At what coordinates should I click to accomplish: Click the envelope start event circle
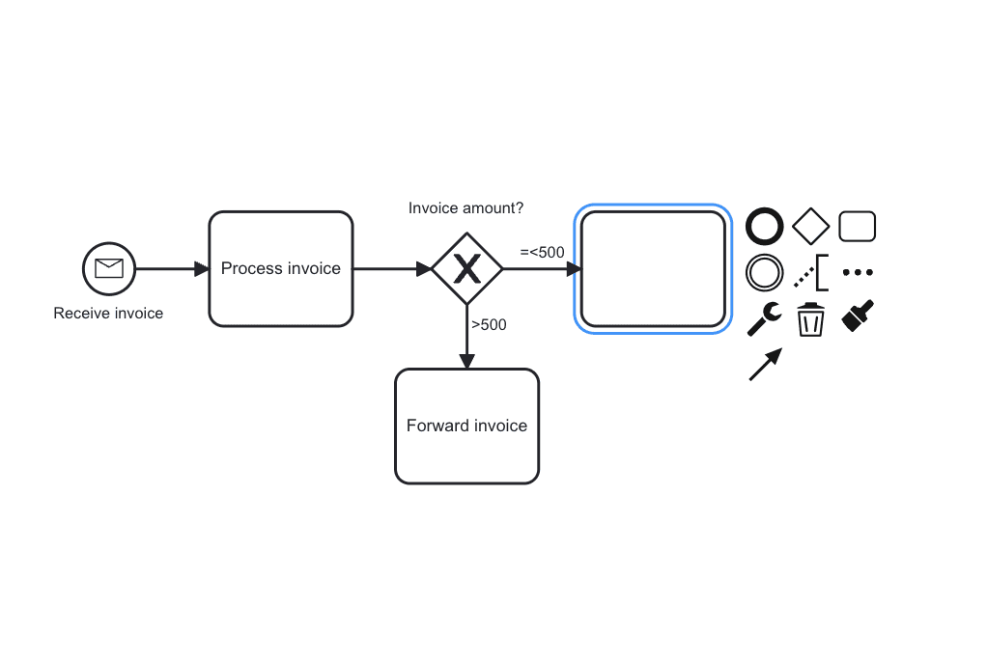click(109, 268)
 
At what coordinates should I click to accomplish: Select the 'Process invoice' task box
click(281, 269)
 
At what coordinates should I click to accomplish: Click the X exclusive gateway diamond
click(466, 269)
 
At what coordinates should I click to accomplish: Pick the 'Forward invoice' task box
click(466, 426)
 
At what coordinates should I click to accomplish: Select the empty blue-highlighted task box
click(652, 269)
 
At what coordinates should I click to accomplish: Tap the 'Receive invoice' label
click(108, 314)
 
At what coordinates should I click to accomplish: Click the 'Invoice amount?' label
click(466, 208)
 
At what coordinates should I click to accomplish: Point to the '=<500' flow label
click(542, 253)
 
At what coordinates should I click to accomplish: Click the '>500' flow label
click(489, 325)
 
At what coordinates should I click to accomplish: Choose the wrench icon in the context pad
click(765, 319)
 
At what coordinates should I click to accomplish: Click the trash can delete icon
click(810, 319)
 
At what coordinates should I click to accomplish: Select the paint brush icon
click(858, 316)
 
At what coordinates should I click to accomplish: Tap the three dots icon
click(858, 273)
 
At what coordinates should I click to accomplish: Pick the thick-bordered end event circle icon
click(765, 227)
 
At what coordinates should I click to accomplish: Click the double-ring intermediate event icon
click(765, 273)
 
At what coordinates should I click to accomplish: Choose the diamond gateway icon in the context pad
click(811, 227)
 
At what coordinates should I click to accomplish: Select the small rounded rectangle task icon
click(858, 227)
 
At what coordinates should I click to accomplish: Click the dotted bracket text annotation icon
click(811, 273)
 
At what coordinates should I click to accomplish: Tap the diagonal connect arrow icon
click(765, 366)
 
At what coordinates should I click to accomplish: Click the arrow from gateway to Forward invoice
click(466, 337)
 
